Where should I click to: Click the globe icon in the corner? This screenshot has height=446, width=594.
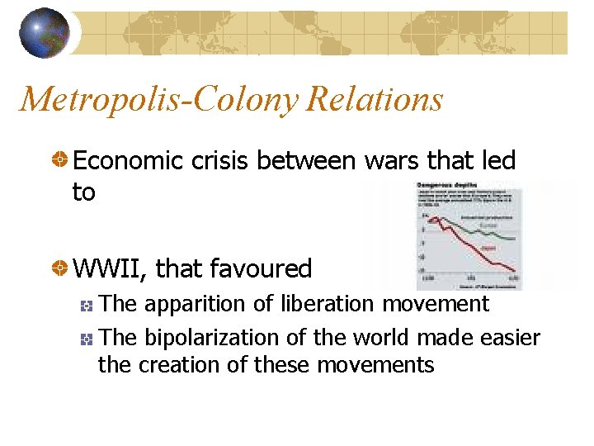(45, 32)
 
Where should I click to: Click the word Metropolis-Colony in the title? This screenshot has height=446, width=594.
(160, 100)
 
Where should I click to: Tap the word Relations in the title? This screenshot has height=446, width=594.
(375, 100)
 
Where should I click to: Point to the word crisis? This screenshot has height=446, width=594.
(217, 161)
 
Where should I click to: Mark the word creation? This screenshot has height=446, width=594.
(177, 364)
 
